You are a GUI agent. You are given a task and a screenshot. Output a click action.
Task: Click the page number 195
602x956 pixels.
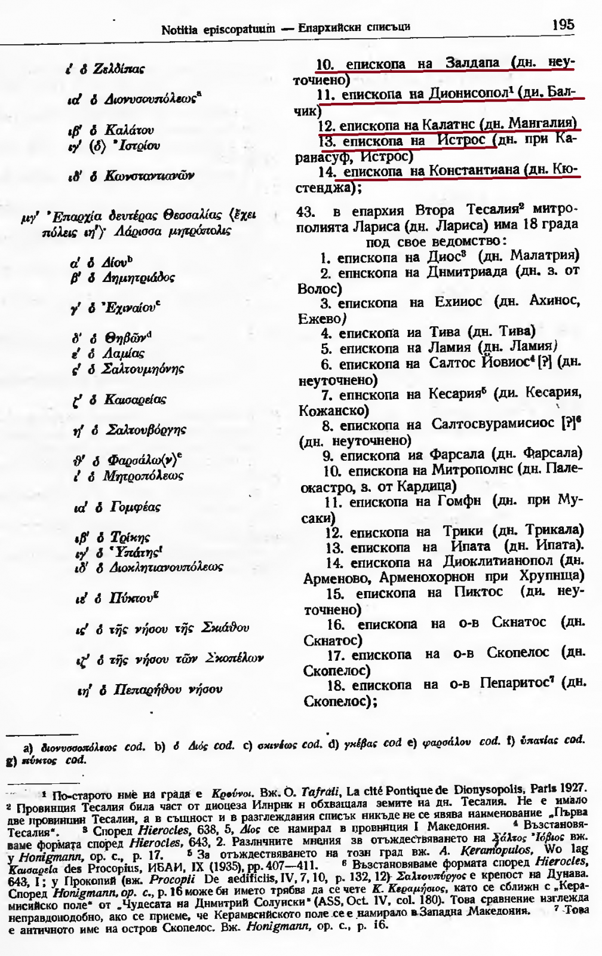[x=563, y=24]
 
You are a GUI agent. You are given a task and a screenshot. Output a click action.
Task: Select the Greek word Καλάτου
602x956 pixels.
[x=129, y=130]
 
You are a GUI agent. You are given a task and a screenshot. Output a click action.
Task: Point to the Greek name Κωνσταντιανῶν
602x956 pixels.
[x=149, y=176]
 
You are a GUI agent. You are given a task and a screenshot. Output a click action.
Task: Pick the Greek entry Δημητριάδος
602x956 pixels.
[x=139, y=278]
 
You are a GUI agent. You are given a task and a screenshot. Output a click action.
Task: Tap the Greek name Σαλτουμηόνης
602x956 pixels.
[x=143, y=369]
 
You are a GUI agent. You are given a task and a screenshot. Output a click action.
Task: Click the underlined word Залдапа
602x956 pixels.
[x=472, y=63]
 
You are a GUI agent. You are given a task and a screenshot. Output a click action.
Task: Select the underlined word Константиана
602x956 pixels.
[x=474, y=170]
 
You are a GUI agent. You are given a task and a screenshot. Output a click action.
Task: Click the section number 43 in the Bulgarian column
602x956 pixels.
[x=305, y=211]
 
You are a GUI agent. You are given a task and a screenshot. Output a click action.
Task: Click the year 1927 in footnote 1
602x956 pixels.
[x=573, y=789]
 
